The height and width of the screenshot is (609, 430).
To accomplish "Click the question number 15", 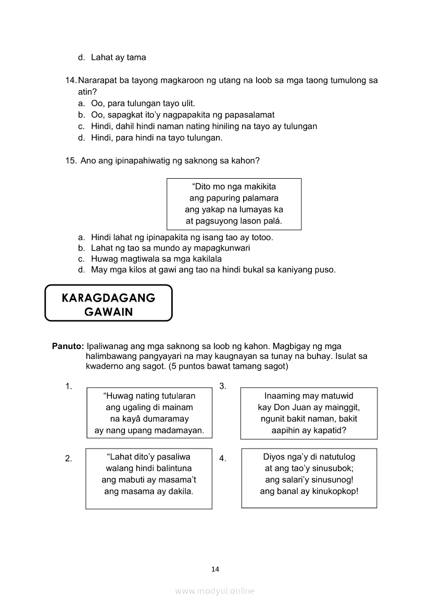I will click(x=71, y=161).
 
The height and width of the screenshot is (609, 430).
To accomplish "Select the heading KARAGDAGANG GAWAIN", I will click(x=108, y=304).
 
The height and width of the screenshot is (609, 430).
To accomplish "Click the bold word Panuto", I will click(x=68, y=346).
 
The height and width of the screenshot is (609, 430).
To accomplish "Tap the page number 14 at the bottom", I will click(x=216, y=569).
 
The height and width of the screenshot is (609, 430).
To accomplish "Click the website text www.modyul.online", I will click(x=215, y=591).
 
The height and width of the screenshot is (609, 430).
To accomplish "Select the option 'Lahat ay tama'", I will click(x=118, y=58).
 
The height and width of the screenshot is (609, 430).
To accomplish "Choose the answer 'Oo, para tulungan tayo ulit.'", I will click(x=143, y=103).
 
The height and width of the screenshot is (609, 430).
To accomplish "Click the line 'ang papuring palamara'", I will click(x=234, y=198).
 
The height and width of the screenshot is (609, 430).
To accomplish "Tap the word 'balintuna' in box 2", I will click(x=172, y=468).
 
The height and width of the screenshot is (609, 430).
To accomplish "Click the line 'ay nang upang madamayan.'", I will click(x=149, y=430).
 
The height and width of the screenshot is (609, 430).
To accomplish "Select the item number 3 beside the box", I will click(x=222, y=386).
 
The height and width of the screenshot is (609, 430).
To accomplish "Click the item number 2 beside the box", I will click(x=68, y=458).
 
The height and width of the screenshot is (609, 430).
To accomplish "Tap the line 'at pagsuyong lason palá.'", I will click(x=234, y=221).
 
